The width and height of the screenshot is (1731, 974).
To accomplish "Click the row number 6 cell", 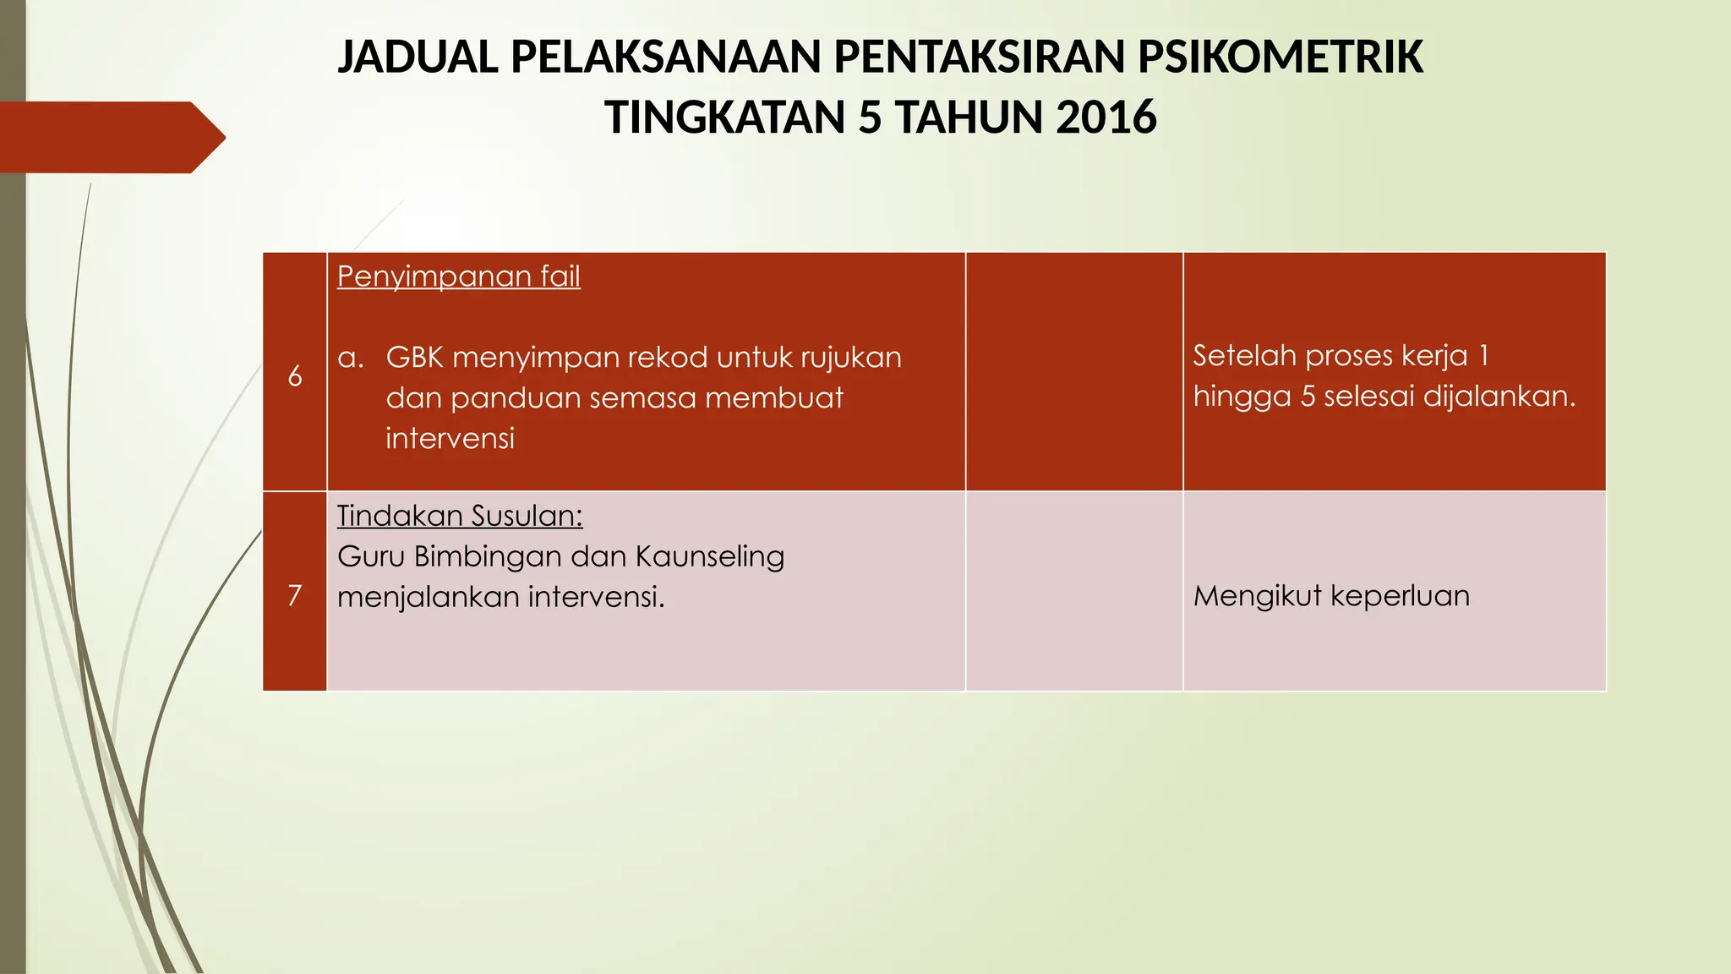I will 295,375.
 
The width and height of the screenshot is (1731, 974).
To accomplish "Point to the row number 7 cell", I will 295,595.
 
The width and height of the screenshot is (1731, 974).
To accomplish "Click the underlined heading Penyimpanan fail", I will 458,276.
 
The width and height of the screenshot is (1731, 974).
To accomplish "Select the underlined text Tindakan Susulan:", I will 460,516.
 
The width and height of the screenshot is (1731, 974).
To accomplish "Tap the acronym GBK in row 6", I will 414,358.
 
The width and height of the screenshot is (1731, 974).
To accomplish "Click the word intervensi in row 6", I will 450,439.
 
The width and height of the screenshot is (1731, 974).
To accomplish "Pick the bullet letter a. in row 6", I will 350,358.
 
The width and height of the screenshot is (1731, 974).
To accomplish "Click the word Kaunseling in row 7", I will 709,556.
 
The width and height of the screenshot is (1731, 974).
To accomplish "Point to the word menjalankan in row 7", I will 428,597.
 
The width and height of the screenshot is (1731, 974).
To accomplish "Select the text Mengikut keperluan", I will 1331,596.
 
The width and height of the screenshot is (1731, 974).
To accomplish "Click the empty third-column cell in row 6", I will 1073,372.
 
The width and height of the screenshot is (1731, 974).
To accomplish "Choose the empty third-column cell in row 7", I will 1073,591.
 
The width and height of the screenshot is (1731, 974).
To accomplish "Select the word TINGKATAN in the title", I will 724,118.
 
